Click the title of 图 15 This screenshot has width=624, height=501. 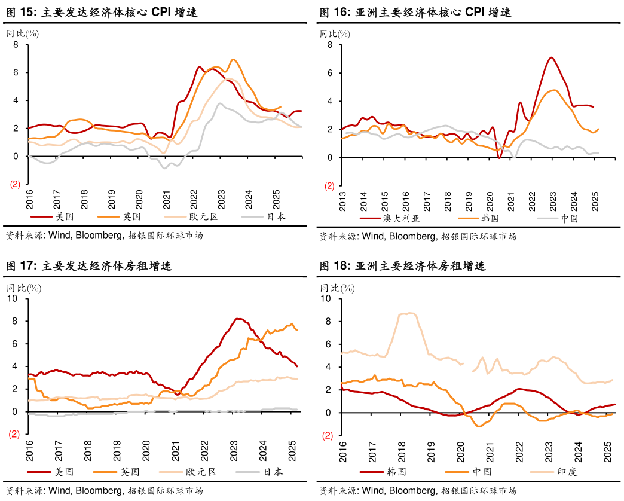pyautogui.click(x=102, y=11)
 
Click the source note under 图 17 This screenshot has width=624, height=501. pyautogui.click(x=104, y=490)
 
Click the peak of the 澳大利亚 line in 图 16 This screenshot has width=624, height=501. pyautogui.click(x=551, y=58)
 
